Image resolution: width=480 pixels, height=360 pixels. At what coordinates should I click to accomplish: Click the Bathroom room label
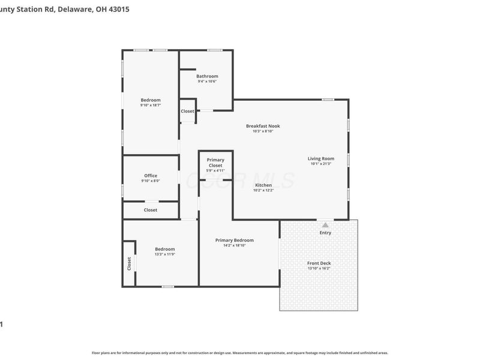coord(207,76)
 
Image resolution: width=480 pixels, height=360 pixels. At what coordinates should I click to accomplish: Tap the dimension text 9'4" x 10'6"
coord(207,82)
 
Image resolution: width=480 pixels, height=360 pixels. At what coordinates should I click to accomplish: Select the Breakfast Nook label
coord(263,126)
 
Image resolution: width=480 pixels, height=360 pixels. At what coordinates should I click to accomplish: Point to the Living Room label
coord(321,158)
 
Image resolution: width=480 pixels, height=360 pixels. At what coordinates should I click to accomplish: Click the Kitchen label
coord(263,185)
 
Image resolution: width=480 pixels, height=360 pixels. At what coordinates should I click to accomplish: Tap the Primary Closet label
coord(215,163)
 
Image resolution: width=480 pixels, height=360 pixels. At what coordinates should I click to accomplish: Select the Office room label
coord(151,176)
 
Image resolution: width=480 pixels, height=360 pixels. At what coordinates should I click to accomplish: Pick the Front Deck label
coord(319,263)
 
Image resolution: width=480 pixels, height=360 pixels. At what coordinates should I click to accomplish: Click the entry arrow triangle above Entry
coord(325,224)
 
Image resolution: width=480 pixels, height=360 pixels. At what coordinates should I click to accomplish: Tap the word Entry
coord(325,233)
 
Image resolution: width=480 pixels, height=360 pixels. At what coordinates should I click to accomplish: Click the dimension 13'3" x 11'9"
coord(164,254)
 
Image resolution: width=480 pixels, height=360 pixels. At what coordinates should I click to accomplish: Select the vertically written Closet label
coord(129,263)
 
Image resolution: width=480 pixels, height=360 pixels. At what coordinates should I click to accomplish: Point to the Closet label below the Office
coord(151,210)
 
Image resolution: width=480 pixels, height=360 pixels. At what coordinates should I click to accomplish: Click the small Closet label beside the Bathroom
coord(187,111)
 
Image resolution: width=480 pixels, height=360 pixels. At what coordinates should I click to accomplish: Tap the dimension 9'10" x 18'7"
coord(151,105)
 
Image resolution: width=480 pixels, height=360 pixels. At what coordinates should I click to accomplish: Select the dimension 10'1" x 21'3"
coord(321,164)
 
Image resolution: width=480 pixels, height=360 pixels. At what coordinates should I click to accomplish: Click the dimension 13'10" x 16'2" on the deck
coord(319,268)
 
